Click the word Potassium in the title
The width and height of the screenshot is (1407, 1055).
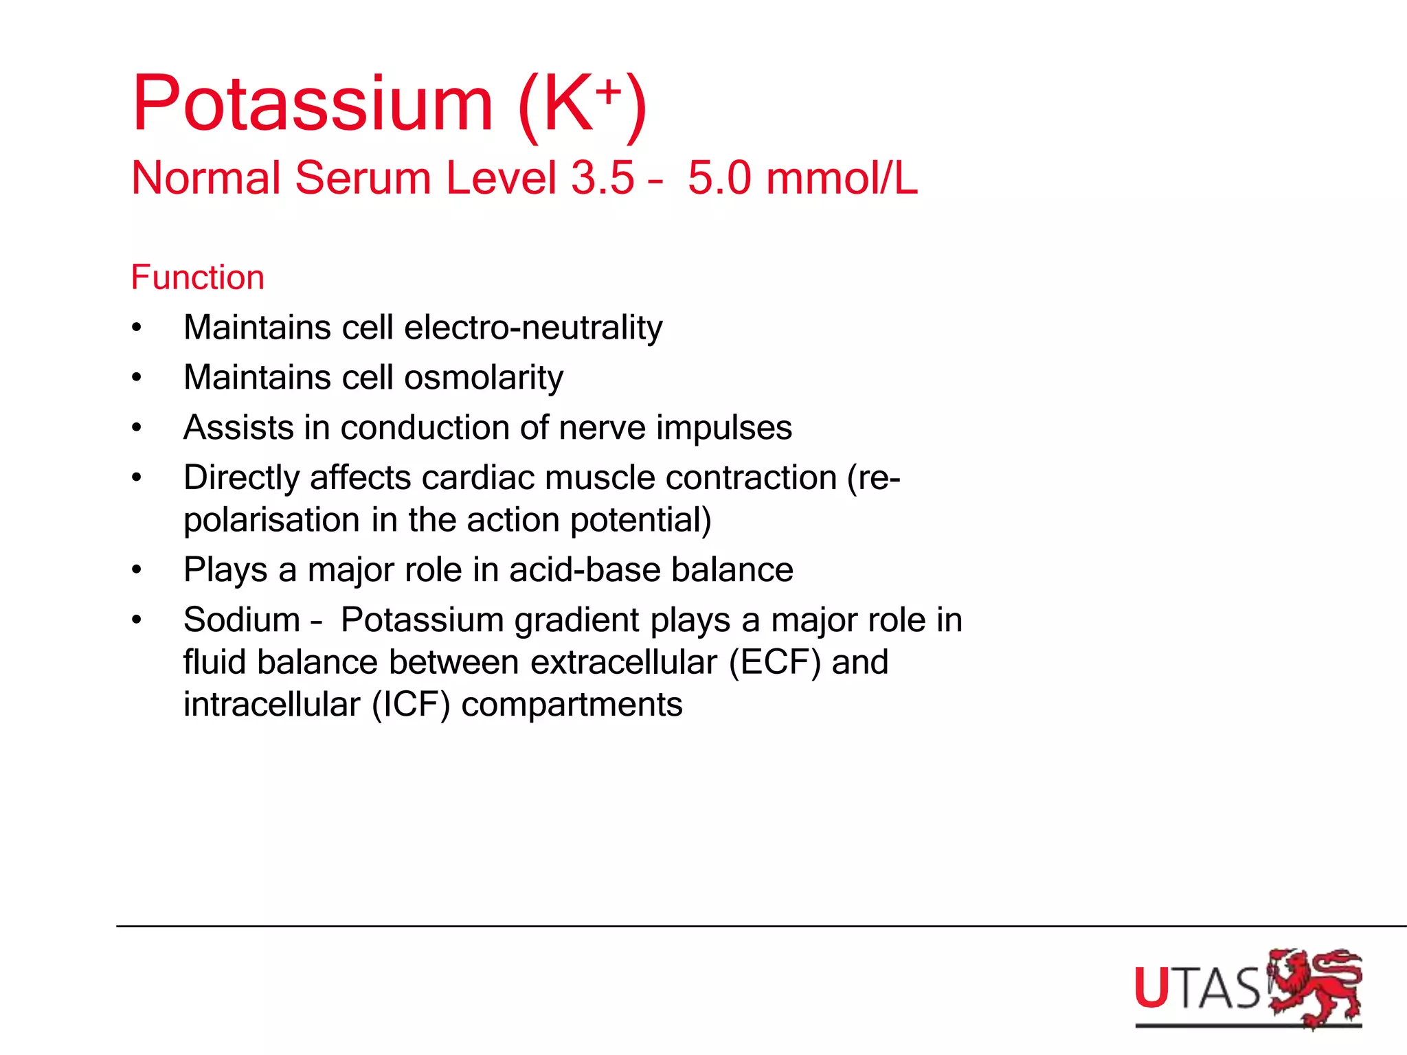[x=313, y=104]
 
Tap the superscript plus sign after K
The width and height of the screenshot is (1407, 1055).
[x=609, y=91]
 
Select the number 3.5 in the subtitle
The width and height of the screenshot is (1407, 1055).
[x=603, y=179]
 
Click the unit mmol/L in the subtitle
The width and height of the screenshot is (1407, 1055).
[x=842, y=179]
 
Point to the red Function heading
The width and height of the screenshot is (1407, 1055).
[x=197, y=278]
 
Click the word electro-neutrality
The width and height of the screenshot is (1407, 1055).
[x=533, y=328]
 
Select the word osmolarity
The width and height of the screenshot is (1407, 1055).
[x=484, y=378]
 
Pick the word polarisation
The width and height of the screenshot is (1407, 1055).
[x=271, y=520]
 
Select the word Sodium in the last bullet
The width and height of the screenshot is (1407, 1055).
[x=242, y=620]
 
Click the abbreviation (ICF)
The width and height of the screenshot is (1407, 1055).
[x=411, y=705]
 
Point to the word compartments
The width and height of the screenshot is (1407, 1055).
[x=572, y=705]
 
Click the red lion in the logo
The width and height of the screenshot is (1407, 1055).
[x=1314, y=987]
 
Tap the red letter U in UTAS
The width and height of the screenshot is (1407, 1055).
[x=1151, y=988]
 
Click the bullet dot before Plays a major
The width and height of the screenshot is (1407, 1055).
[x=137, y=570]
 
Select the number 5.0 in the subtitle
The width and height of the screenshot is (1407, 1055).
[x=719, y=179]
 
